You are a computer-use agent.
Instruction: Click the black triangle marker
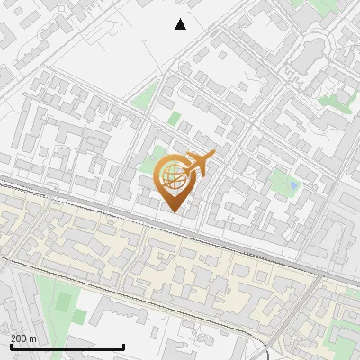(180, 24)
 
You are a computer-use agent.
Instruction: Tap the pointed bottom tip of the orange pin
(174, 211)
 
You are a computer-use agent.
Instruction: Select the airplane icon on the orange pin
(199, 164)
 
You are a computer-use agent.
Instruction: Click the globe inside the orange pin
(174, 176)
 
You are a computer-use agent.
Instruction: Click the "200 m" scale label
(23, 337)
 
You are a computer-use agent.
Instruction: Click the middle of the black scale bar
(67, 346)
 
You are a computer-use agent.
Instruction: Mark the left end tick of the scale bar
(11, 346)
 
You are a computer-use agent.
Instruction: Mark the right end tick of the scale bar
(124, 346)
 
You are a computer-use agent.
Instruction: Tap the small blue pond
(292, 187)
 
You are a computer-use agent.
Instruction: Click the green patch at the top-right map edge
(319, 7)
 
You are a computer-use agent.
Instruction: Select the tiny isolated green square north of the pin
(174, 118)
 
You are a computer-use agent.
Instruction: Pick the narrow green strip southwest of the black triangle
(144, 95)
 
